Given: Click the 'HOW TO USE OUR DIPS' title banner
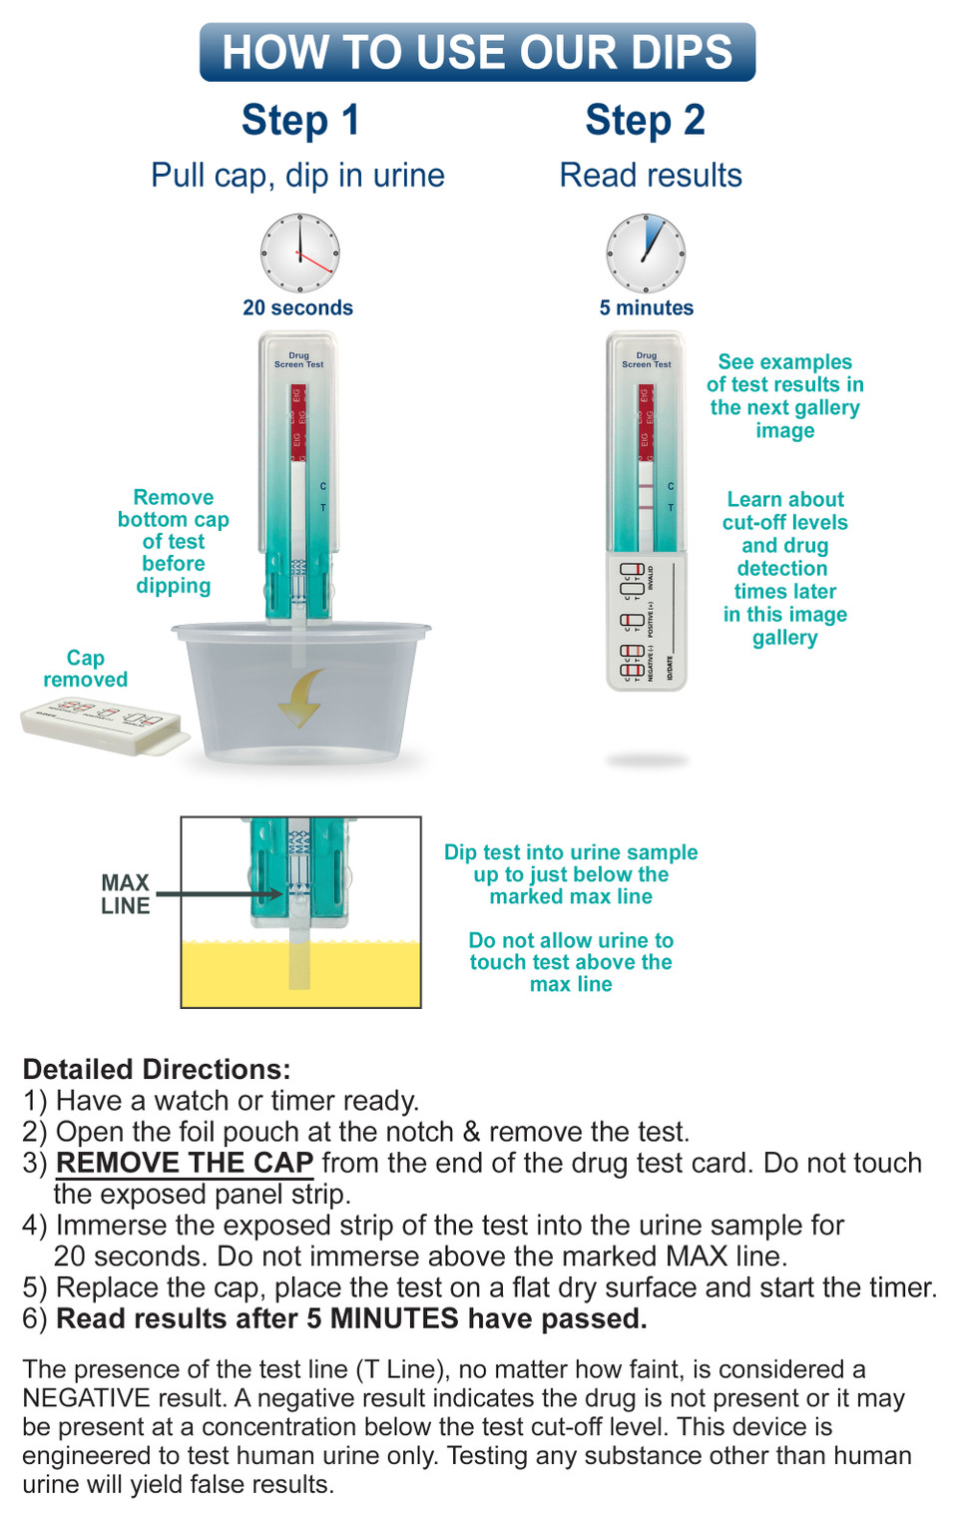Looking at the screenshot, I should (x=477, y=52).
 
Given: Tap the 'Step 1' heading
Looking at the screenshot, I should (x=299, y=120).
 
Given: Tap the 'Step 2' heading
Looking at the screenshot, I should (x=645, y=120).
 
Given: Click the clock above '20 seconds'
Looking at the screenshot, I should (x=299, y=253).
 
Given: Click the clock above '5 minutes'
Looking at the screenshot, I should (x=646, y=253).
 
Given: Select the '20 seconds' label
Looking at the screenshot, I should (x=297, y=307).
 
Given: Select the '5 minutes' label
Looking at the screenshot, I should (x=646, y=307).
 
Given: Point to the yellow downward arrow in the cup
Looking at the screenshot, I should (x=300, y=697).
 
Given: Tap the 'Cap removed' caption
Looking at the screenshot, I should (x=85, y=669).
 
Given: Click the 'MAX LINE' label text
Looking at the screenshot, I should (x=125, y=894).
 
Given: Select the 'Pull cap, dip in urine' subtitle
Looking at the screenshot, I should (x=297, y=176).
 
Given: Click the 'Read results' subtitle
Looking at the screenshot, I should (x=650, y=176).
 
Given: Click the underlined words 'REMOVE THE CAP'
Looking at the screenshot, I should (x=185, y=1163).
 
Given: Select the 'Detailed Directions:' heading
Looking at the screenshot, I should (x=157, y=1069).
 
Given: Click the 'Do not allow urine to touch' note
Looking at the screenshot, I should (x=571, y=962).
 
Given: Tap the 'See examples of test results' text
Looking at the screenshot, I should (x=784, y=395).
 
